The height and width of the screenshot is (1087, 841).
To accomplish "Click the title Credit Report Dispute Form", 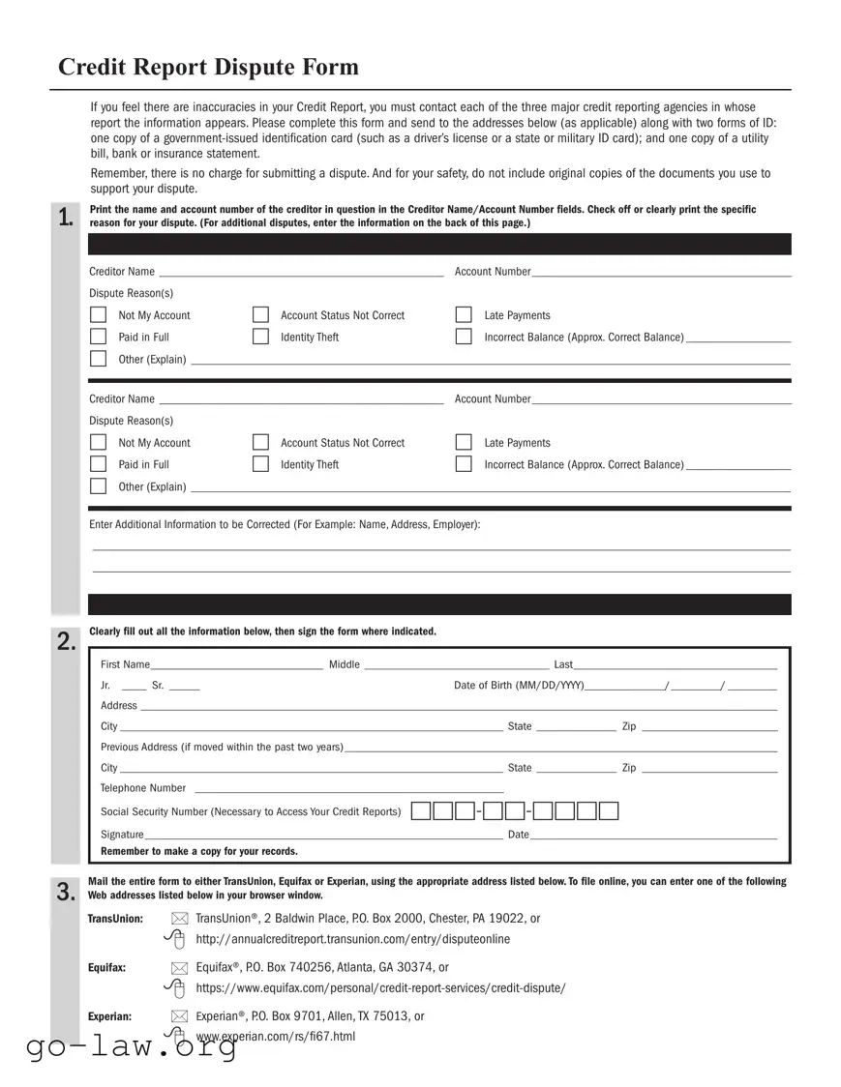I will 208,68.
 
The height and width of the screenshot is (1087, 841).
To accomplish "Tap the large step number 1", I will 65,219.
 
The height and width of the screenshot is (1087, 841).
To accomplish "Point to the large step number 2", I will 65,642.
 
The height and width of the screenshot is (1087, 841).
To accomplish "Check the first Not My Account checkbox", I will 98,315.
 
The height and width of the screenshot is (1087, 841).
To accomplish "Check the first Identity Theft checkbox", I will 260,337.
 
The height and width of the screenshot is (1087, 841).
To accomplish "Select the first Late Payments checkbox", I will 464,315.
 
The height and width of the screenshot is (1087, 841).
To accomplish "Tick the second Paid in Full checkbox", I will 98,464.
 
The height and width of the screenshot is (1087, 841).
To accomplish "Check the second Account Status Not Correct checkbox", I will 260,442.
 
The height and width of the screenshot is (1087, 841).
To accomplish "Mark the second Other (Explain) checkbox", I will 98,486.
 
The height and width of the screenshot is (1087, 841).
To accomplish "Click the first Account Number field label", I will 493,272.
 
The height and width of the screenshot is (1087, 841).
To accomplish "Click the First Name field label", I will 125,664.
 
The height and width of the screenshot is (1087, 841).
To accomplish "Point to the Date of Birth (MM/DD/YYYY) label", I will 519,686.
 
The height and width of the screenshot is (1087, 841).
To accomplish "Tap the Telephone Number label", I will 143,788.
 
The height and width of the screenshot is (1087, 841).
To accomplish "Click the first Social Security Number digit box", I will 421,811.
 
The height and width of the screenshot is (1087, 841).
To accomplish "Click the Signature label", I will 122,835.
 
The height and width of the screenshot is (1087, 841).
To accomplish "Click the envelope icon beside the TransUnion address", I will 179,919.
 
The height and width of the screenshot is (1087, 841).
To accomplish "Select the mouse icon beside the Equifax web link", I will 176,987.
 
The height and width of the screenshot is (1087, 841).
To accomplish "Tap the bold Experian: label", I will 109,1016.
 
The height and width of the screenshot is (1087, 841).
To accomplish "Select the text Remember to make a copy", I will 199,851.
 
